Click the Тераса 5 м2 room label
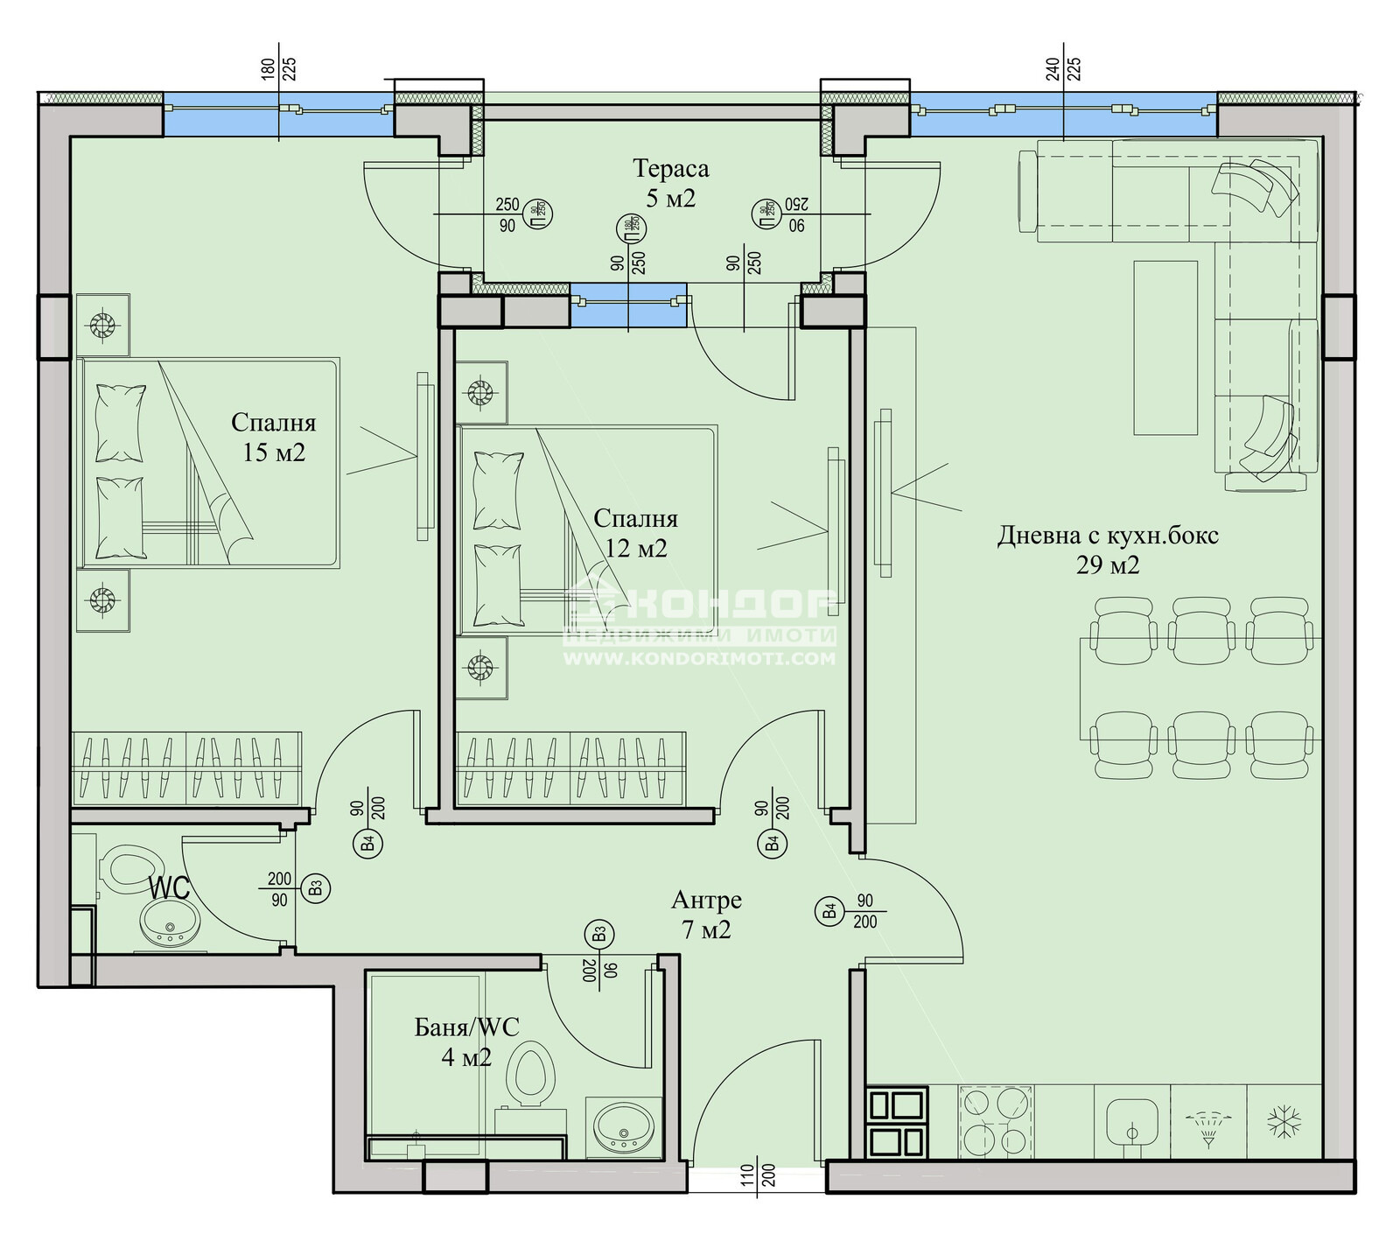tap(670, 183)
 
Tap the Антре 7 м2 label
tap(706, 914)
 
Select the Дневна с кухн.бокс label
tap(1108, 549)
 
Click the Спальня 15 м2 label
tap(274, 437)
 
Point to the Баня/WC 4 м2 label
tap(466, 1041)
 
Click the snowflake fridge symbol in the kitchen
tap(1284, 1121)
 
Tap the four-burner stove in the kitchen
tap(995, 1121)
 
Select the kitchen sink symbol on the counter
tap(1132, 1121)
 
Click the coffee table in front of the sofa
tap(1165, 347)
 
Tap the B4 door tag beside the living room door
tap(829, 912)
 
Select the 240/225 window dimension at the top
tap(1063, 68)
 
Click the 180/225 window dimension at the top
tap(279, 68)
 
